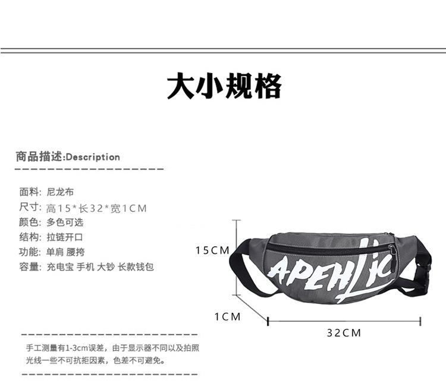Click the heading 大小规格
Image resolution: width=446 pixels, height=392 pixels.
point(224,87)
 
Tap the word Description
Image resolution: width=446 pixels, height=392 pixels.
point(93,158)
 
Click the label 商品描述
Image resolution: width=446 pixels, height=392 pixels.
point(39,158)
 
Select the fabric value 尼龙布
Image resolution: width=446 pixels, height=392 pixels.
point(61,192)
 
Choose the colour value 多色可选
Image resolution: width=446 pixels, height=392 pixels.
point(65,222)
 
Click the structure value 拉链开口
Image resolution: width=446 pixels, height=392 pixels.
point(65,237)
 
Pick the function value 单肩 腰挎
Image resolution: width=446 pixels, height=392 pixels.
point(65,252)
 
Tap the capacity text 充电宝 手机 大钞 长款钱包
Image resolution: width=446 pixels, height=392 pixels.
point(100,267)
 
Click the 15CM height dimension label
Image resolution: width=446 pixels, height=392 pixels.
point(212,251)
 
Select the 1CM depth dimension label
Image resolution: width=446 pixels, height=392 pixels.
point(228,317)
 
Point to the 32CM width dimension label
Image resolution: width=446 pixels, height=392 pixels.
point(344,333)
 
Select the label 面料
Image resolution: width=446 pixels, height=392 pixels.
point(30,192)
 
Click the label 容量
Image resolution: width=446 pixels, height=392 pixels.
point(30,267)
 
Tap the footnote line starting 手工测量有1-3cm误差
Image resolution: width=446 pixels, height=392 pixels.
point(112,347)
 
